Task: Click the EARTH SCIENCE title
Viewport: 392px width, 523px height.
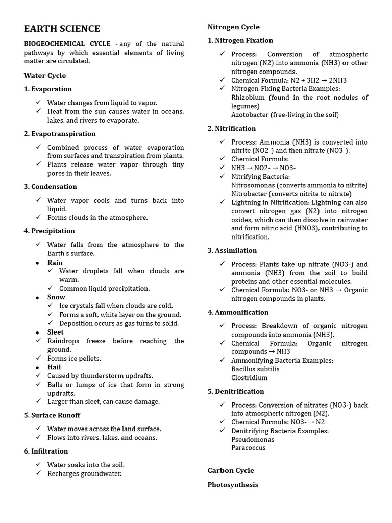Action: (62, 29)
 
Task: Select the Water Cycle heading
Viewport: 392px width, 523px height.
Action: (45, 75)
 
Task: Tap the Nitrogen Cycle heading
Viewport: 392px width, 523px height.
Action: (233, 27)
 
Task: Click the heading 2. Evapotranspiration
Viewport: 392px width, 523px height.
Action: (60, 133)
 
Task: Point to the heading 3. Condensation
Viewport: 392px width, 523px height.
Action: (50, 186)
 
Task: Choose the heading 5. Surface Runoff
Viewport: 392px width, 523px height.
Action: (52, 415)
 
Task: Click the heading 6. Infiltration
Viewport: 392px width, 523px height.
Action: (45, 451)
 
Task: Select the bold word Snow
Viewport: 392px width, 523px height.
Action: (56, 297)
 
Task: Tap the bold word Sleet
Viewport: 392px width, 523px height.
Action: (56, 332)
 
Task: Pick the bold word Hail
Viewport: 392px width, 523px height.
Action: (54, 367)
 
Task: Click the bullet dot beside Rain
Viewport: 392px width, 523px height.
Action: (38, 263)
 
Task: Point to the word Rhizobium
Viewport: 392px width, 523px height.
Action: (248, 97)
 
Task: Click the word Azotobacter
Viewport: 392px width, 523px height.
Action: (250, 115)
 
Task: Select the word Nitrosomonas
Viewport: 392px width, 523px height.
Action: (254, 185)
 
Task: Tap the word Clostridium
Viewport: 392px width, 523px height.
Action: (249, 378)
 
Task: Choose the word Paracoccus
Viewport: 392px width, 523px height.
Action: (249, 448)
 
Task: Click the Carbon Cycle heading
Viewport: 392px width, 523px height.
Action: (231, 470)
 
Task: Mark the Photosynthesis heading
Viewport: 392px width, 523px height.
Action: (233, 485)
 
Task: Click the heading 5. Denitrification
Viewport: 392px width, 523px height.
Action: (236, 391)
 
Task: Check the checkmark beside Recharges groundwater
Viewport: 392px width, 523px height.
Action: (38, 473)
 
